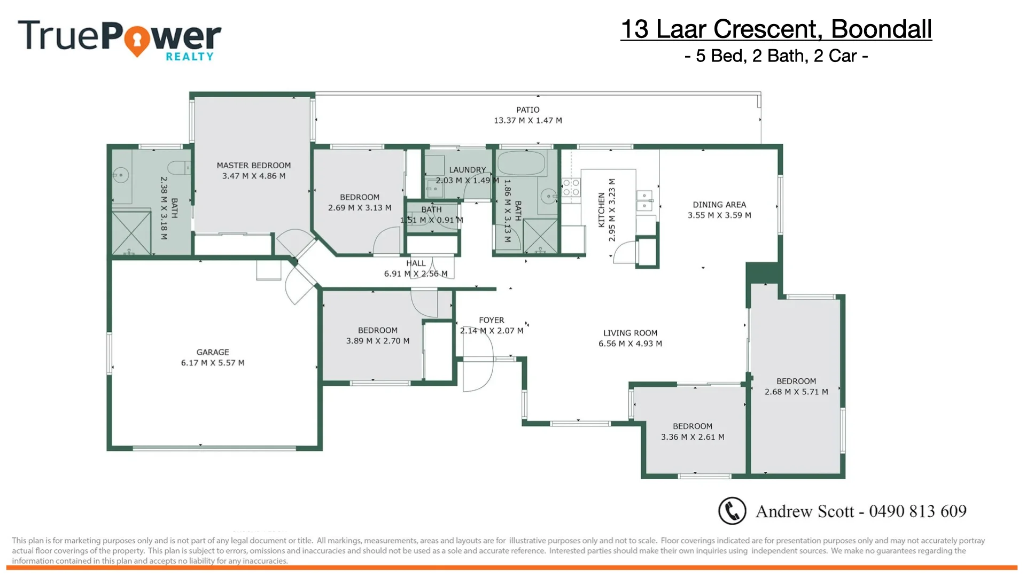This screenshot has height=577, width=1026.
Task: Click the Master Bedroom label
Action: pos(253,166)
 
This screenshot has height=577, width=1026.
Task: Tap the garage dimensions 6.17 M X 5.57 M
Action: pos(213,363)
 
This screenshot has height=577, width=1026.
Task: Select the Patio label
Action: pos(527,110)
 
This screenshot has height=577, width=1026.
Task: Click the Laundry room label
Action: pos(467,170)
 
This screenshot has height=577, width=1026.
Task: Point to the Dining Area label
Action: pos(719,205)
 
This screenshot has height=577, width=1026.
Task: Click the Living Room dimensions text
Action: pos(630,344)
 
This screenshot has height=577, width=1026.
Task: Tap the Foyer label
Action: pos(491,320)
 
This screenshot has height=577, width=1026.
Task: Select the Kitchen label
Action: pos(602,210)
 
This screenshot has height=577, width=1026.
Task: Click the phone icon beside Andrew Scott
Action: pos(732,511)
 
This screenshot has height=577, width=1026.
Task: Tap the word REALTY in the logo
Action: pos(189,57)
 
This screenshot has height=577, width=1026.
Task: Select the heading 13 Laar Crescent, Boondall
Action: pos(776,29)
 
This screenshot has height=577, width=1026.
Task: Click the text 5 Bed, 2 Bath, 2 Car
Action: pos(776,56)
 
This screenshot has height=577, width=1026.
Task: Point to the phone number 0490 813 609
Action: pos(918,511)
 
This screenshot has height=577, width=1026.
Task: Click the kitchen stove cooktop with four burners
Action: pos(571,188)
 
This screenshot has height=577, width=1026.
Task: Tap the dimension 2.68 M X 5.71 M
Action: pos(796,392)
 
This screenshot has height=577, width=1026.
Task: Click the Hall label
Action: pos(416,263)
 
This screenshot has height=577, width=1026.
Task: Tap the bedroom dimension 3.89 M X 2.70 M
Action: pos(377,341)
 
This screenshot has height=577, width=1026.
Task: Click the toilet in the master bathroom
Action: pos(180,168)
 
